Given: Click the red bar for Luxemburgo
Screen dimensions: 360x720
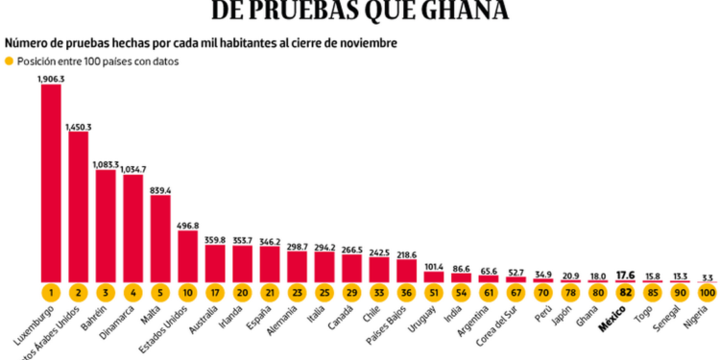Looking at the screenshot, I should pos(51,182).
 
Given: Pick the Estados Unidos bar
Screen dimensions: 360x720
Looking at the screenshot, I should pos(188,255).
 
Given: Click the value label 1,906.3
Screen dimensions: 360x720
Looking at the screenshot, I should pos(51,79).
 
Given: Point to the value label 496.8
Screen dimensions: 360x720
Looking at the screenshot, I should pos(188,226).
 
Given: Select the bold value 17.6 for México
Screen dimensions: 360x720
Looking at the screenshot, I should pos(625,273).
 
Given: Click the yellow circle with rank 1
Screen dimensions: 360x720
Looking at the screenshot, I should pos(51,292).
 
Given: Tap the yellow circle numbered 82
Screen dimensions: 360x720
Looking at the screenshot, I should pos(625,292).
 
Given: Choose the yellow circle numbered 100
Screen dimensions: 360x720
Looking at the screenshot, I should pos(707,292).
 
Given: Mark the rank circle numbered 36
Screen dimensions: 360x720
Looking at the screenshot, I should pos(407,292).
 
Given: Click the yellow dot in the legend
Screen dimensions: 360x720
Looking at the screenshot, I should pos(10,61).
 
